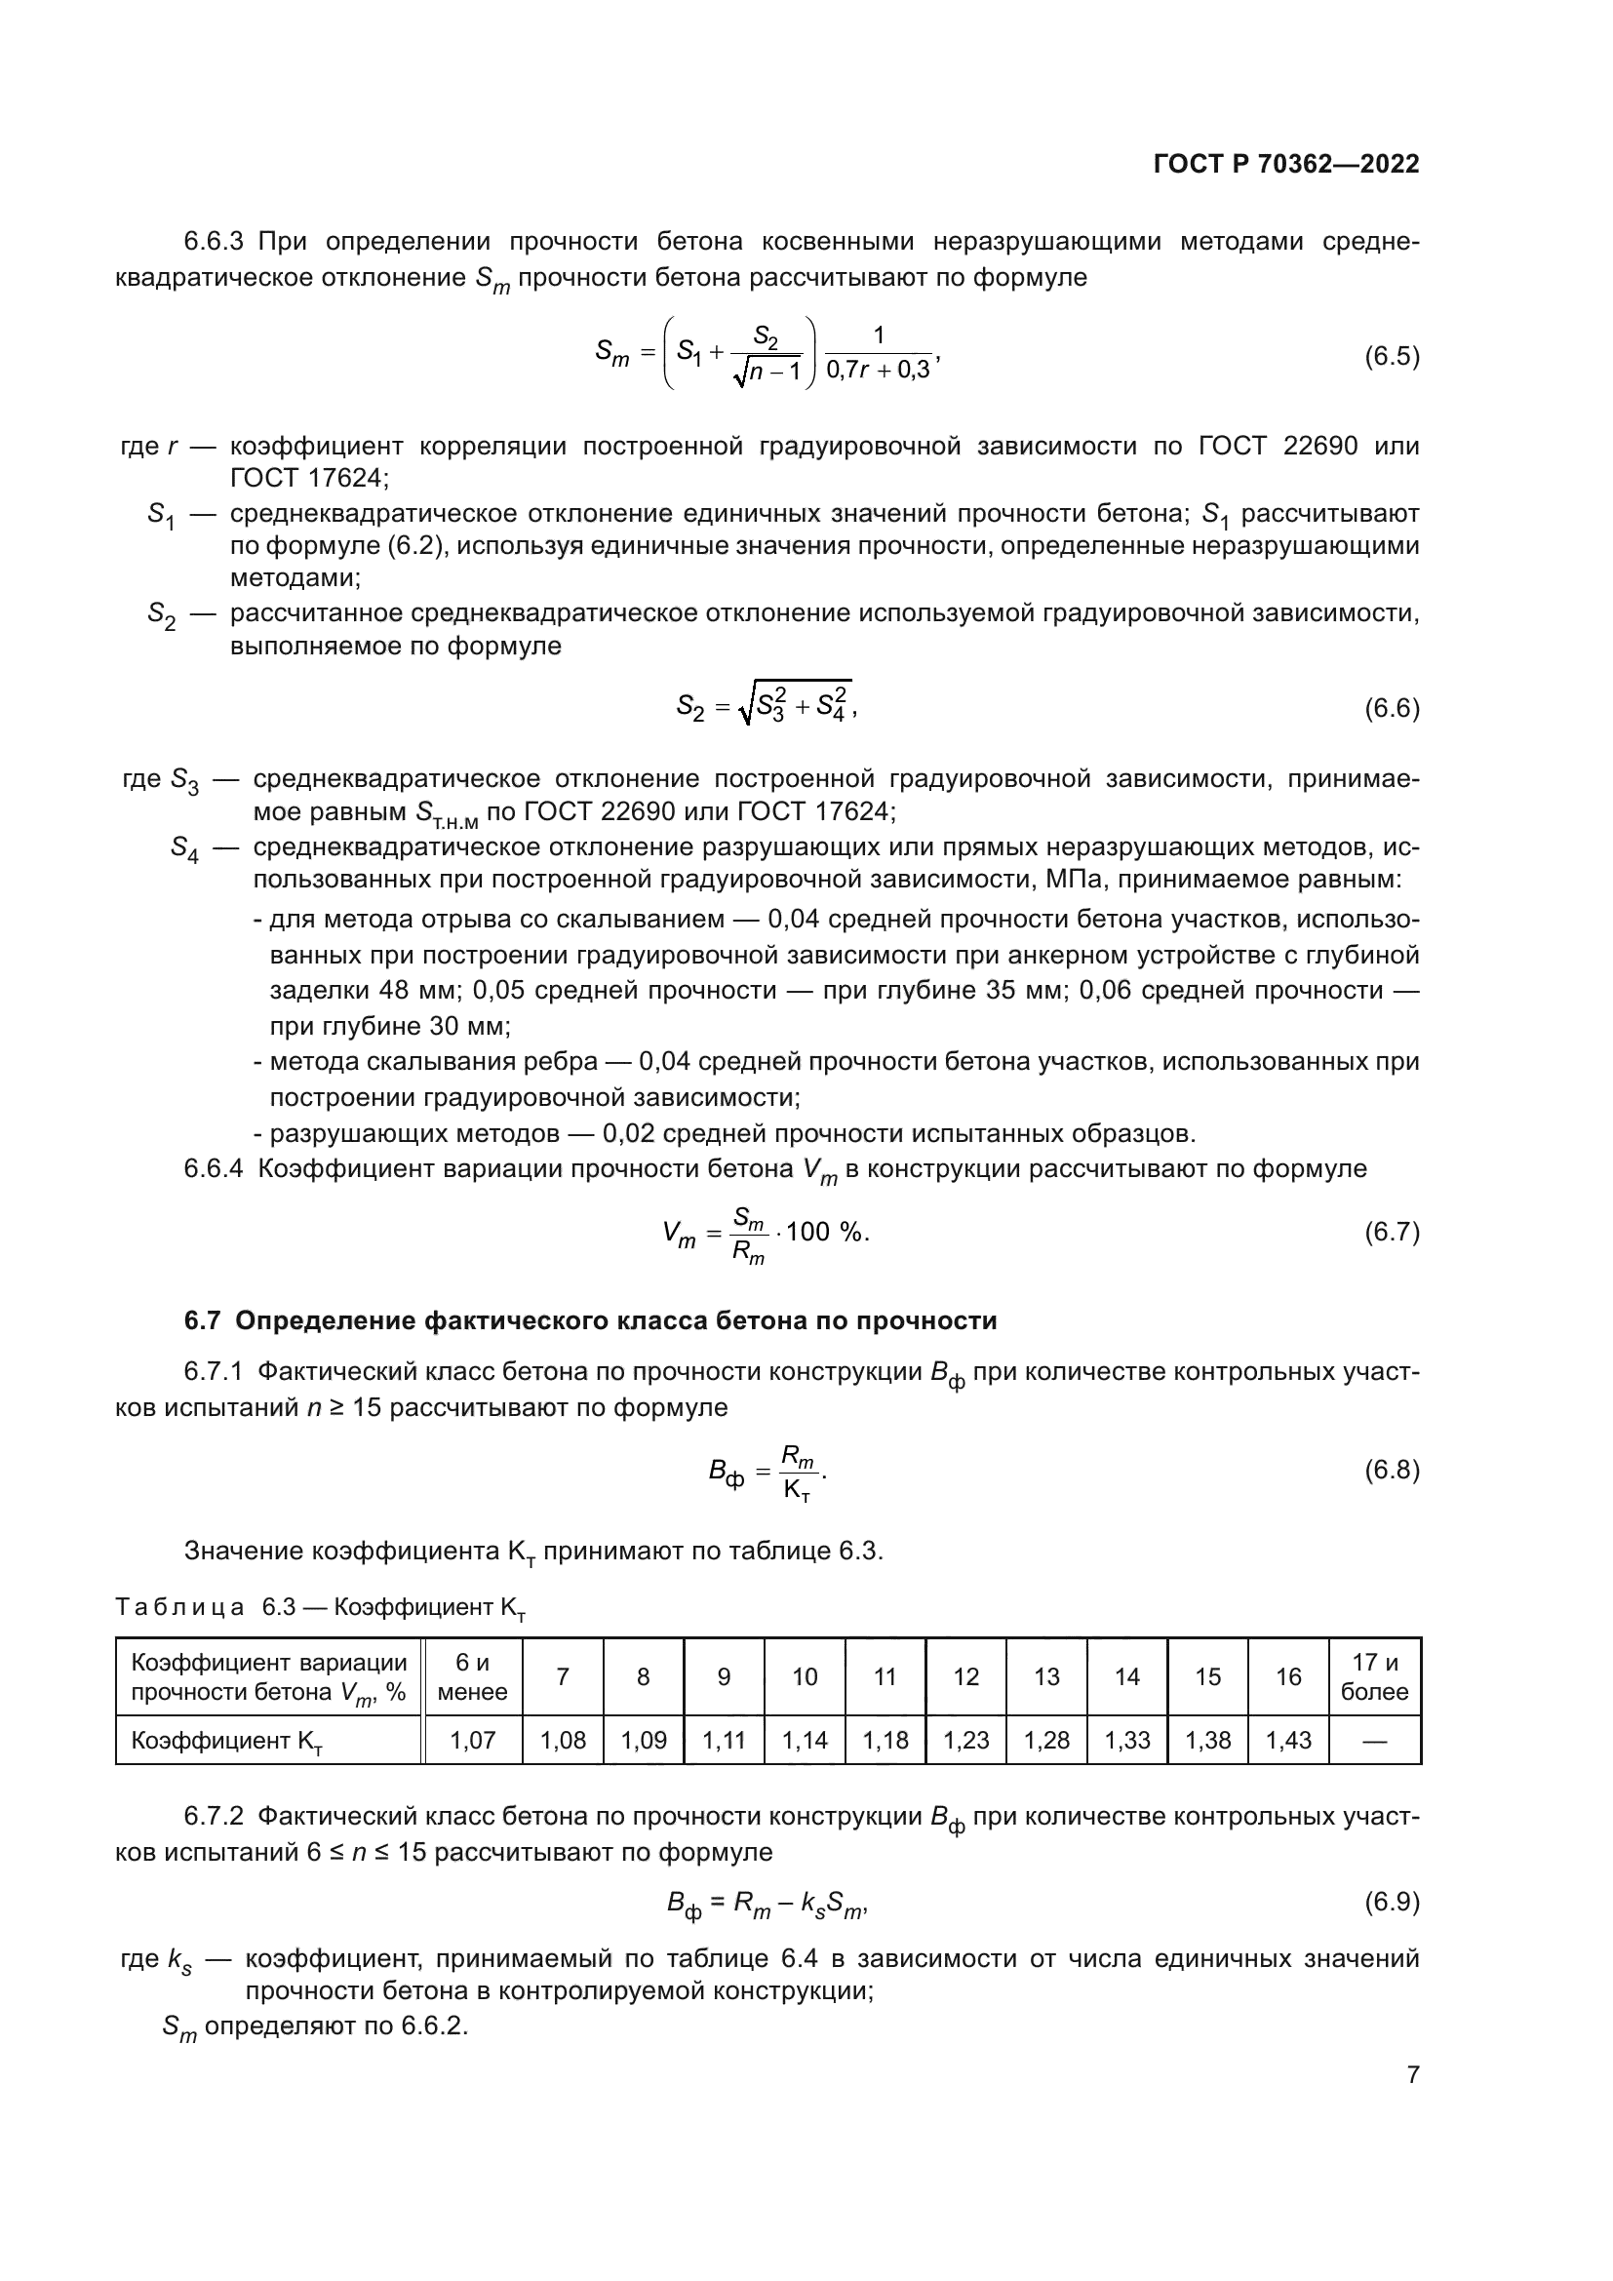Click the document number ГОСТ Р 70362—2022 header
(1286, 165)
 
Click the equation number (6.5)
(1392, 357)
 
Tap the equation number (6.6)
(1392, 708)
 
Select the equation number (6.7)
(1392, 1233)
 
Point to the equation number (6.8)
(1392, 1471)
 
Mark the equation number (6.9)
(1392, 1902)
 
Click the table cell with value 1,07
(472, 1741)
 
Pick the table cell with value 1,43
(1288, 1741)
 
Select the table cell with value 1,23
(965, 1741)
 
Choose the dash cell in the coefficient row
(1375, 1741)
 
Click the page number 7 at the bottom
(1412, 2074)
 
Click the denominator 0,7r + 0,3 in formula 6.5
(878, 371)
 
